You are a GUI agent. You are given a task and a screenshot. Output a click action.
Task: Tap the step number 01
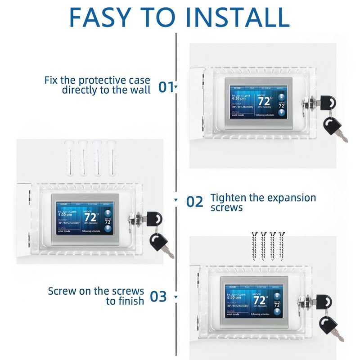click(166, 86)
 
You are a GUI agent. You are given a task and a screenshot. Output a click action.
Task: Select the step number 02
click(195, 202)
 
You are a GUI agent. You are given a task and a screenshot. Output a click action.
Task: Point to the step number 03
click(158, 297)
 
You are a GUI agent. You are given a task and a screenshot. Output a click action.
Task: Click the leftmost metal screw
click(253, 245)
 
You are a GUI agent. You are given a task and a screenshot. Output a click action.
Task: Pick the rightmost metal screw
click(283, 245)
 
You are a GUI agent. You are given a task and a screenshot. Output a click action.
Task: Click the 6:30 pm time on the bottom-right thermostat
click(234, 297)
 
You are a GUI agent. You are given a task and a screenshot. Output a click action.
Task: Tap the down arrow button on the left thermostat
click(108, 228)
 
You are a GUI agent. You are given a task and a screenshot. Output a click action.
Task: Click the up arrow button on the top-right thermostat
click(282, 96)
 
